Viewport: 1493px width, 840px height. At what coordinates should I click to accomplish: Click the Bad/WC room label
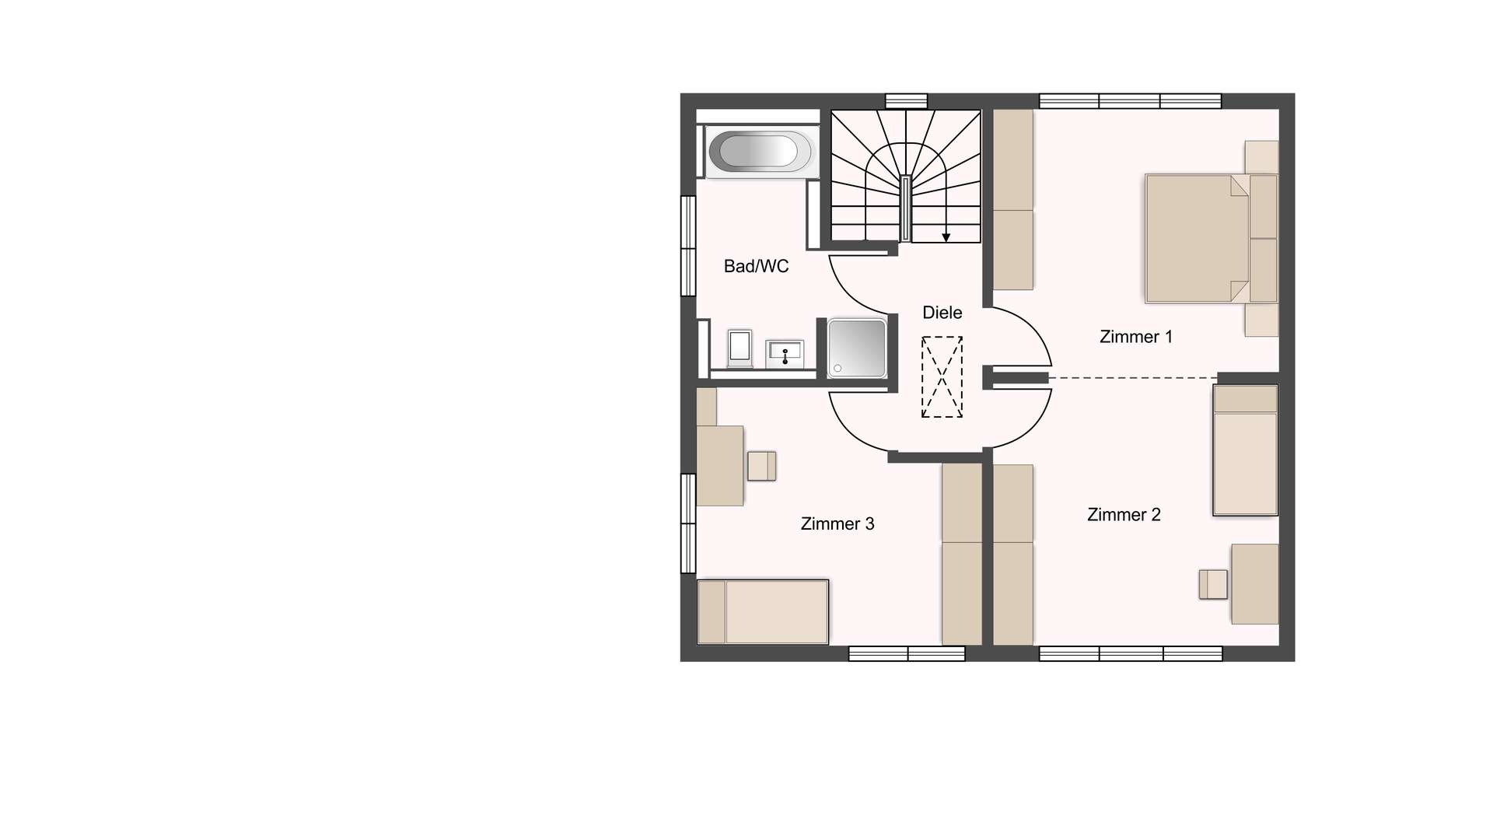[x=756, y=266]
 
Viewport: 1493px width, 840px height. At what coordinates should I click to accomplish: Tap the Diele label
[x=942, y=312]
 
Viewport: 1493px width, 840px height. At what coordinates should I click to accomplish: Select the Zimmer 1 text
[x=1135, y=337]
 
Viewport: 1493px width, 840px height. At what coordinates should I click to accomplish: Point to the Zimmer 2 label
[x=1124, y=514]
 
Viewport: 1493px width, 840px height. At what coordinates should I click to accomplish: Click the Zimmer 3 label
[x=837, y=523]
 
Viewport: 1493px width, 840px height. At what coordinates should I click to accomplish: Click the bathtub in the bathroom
[x=759, y=151]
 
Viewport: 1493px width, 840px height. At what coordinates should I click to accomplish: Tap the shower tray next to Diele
[x=856, y=348]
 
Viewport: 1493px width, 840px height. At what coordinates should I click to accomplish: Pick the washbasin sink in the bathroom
[x=785, y=353]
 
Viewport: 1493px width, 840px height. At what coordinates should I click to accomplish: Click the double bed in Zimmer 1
[x=1211, y=238]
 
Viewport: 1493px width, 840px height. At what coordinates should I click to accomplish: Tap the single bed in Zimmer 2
[x=1245, y=450]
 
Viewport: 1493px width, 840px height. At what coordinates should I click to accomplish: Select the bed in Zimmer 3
[x=763, y=611]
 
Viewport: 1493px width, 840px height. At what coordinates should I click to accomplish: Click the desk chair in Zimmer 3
[x=761, y=466]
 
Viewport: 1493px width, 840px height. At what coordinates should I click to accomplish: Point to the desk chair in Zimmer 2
[x=1212, y=584]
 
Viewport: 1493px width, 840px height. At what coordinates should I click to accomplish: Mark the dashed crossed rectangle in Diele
[x=942, y=376]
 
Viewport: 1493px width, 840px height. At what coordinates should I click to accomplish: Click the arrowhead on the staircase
[x=946, y=236]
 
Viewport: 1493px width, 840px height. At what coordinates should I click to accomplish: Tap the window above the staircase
[x=907, y=101]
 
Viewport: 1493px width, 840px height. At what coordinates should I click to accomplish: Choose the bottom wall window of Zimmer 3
[x=907, y=654]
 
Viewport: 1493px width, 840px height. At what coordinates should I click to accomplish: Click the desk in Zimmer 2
[x=1254, y=584]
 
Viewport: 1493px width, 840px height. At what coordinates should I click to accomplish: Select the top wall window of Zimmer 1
[x=1130, y=101]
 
